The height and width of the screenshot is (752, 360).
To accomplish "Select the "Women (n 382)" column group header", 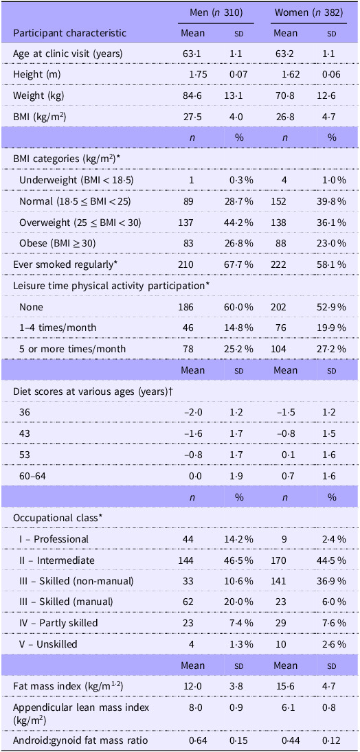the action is (308, 13).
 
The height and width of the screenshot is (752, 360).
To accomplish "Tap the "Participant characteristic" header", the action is (69, 34).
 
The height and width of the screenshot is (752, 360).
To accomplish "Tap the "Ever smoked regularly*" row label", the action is (58, 264).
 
